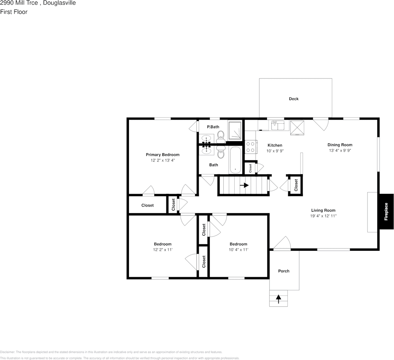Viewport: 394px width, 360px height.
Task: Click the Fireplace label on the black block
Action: [x=386, y=212]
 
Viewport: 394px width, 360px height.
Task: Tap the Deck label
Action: [x=294, y=99]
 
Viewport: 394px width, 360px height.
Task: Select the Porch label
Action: [x=284, y=271]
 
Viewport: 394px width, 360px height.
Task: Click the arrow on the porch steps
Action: [x=279, y=299]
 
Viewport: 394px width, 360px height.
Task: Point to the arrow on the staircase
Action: [x=244, y=186]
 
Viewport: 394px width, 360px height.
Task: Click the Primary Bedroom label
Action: [x=163, y=155]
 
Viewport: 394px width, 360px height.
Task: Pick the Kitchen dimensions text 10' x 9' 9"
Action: [x=275, y=151]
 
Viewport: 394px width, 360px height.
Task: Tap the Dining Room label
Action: [x=340, y=145]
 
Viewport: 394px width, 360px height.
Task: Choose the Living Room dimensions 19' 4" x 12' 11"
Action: [x=323, y=216]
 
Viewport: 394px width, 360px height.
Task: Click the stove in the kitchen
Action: [x=250, y=146]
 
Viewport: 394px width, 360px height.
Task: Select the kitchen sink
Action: [x=278, y=125]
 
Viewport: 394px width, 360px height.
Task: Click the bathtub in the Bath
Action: [x=235, y=160]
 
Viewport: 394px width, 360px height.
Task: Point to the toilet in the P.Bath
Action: [x=221, y=135]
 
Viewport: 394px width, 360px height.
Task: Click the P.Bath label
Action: [x=213, y=127]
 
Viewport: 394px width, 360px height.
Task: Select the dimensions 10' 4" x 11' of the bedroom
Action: [x=239, y=250]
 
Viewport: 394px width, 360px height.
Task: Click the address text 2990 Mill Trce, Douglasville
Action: [x=38, y=3]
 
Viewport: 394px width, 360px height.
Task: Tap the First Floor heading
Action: [x=14, y=12]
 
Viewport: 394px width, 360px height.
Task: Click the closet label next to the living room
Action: [x=296, y=186]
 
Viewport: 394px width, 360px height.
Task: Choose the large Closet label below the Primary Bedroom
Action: [x=148, y=205]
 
